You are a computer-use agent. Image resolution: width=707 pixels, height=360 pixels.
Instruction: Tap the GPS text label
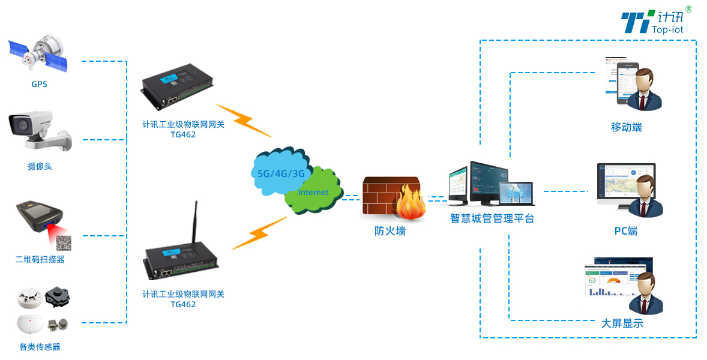39,85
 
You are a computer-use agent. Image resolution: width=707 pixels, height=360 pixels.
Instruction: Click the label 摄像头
40,166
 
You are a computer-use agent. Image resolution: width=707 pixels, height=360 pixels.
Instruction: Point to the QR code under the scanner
64,242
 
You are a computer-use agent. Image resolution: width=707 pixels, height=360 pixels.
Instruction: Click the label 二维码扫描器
40,260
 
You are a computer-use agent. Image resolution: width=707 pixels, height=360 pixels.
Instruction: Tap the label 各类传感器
40,347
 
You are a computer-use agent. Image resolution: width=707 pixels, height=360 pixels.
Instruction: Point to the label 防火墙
390,231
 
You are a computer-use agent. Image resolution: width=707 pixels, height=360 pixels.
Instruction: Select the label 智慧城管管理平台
492,218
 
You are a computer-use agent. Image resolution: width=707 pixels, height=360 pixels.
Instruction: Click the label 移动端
626,128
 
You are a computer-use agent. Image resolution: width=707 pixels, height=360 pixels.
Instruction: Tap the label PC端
626,231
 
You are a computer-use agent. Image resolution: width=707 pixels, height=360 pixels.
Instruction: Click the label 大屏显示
622,323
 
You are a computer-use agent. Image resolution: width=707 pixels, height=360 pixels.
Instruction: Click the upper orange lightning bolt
243,121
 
